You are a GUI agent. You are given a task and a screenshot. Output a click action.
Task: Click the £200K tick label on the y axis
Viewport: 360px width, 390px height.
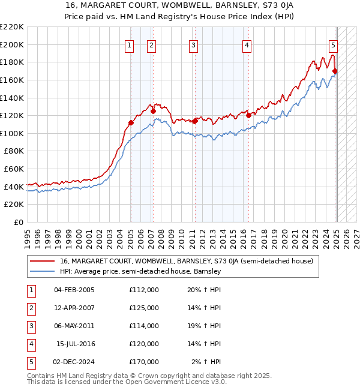click(12, 44)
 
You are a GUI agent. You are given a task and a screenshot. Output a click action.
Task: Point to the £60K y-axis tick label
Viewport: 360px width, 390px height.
click(14, 169)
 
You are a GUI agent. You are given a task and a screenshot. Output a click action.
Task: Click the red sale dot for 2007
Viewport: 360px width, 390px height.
click(153, 110)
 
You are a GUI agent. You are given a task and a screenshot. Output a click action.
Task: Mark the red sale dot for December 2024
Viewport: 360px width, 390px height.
click(335, 71)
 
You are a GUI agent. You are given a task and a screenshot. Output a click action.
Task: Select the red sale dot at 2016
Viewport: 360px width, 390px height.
click(248, 115)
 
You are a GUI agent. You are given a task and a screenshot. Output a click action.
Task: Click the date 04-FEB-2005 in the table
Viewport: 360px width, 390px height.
click(74, 290)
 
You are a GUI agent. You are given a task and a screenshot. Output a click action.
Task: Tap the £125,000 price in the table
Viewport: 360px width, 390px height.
click(144, 308)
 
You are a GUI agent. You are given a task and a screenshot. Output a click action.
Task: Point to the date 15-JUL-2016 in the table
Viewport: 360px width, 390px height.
click(75, 344)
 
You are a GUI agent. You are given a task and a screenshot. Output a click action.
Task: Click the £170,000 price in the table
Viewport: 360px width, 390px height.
click(144, 362)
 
